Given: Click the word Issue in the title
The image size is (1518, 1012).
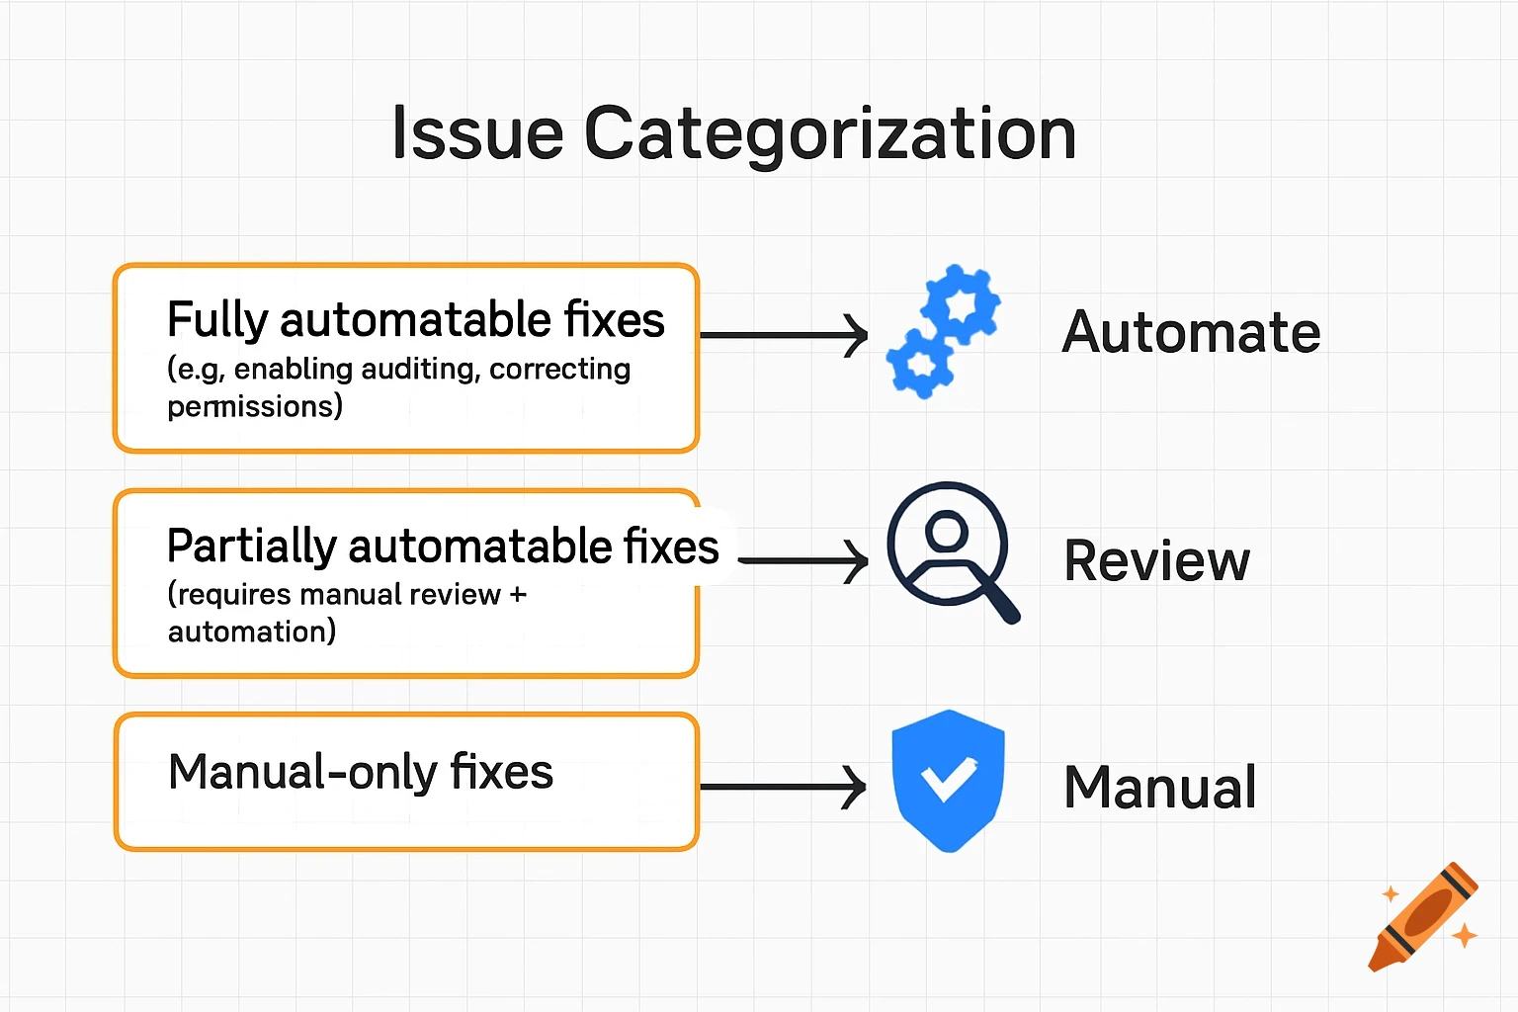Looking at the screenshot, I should pos(477,133).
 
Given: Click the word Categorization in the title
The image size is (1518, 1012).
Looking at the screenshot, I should pos(830,135).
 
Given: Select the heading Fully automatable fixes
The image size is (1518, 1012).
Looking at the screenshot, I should pos(415,320).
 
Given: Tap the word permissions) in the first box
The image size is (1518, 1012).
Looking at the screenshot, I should pos(255,406).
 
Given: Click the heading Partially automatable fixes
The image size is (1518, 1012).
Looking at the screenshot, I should pos(443,547).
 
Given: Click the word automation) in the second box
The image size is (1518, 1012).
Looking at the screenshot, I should pos(252,632).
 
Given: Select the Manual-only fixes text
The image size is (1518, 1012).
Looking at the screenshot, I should pos(361,772).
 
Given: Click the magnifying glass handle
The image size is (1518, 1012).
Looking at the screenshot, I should pos(998,600).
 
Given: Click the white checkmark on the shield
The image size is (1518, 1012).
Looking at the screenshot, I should pos(948,779).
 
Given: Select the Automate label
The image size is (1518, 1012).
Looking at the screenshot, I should pos(1191,332).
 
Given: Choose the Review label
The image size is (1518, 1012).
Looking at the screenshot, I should pos(1156,561).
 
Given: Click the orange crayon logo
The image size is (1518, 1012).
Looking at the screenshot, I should pos(1423,917).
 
